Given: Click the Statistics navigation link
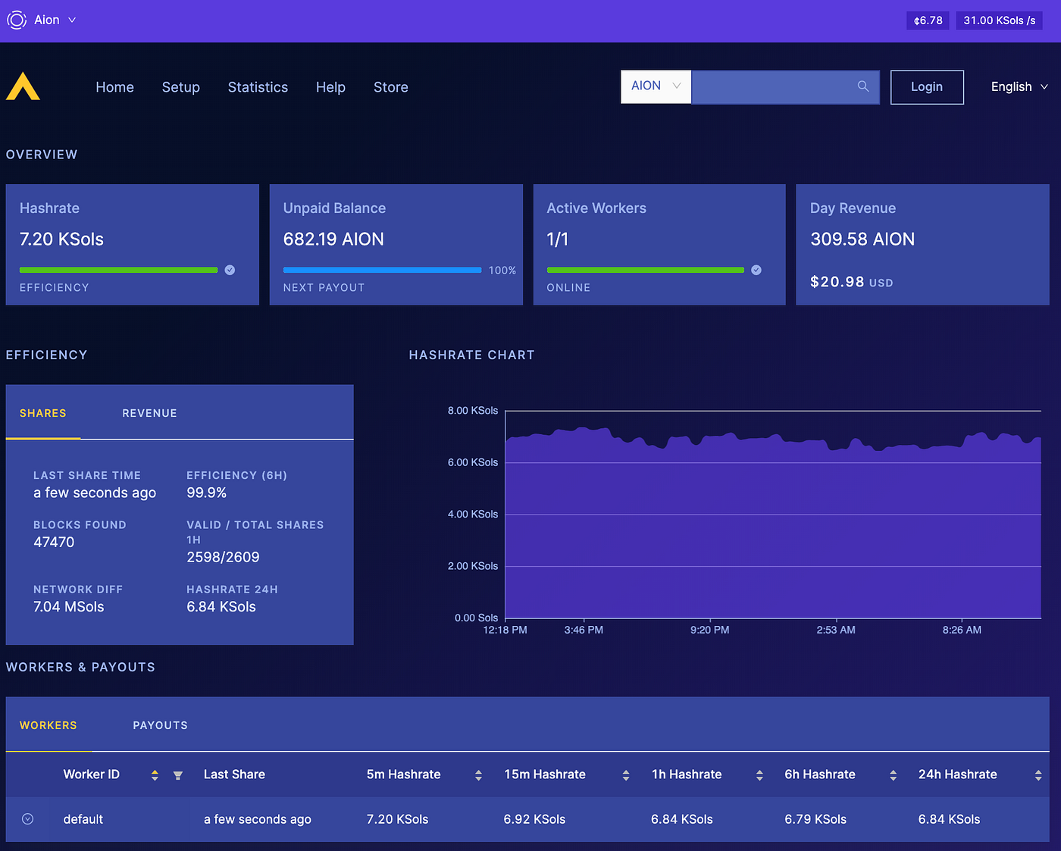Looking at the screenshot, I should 258,87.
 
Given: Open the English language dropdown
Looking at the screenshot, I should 1019,87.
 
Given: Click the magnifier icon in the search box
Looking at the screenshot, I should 862,86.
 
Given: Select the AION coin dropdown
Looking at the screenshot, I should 656,86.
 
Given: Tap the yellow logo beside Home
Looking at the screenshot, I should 23,86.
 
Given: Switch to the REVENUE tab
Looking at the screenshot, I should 149,413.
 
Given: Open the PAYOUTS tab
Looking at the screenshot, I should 160,725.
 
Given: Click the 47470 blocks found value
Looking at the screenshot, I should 54,542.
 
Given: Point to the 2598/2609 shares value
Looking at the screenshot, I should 223,557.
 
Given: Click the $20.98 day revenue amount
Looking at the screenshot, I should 837,282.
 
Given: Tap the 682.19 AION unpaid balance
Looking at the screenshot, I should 333,239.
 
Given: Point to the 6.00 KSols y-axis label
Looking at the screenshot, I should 473,462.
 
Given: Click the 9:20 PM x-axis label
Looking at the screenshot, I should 709,630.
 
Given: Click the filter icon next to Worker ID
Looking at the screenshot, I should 178,775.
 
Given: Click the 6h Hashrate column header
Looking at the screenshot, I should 819,774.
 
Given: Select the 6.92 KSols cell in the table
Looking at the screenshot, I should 534,819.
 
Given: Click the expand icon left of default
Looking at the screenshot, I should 28,819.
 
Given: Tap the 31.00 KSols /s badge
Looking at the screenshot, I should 999,20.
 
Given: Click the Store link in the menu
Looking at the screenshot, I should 390,87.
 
